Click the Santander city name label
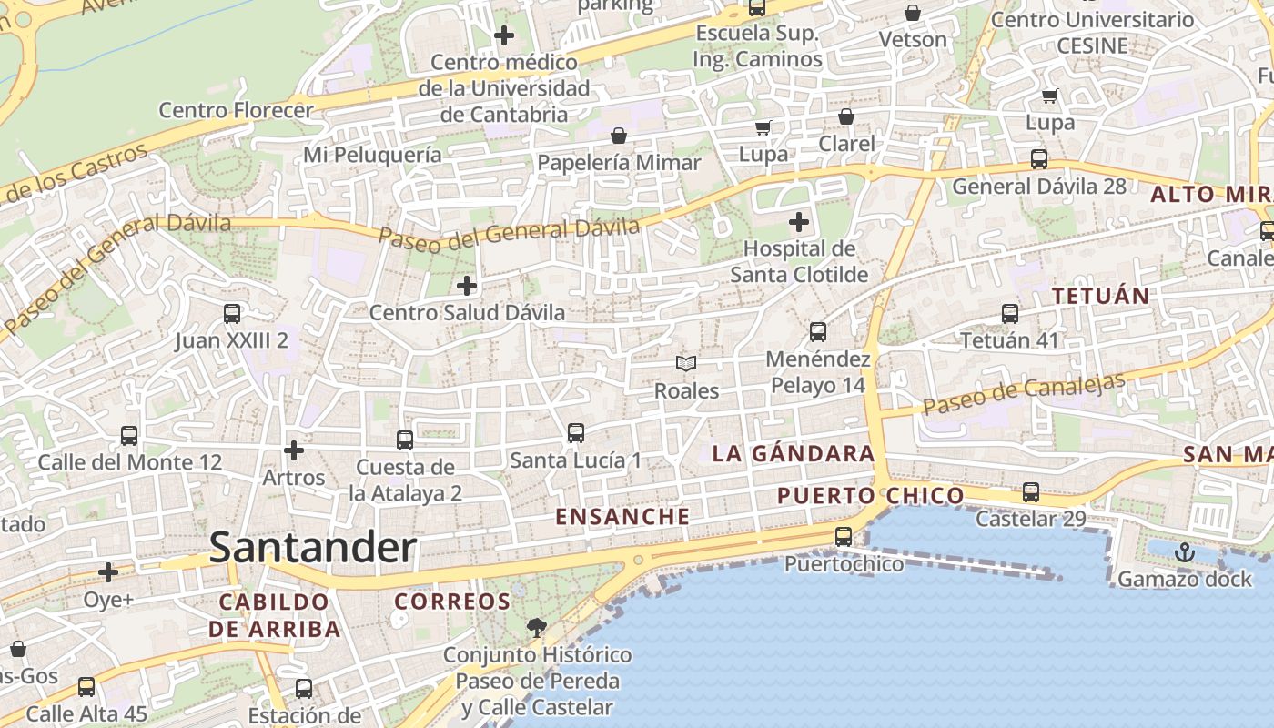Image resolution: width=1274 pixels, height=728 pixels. pyautogui.click(x=312, y=548)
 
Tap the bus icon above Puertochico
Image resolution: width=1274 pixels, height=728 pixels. pyautogui.click(x=844, y=537)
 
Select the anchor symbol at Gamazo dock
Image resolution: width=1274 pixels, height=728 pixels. pyautogui.click(x=1184, y=551)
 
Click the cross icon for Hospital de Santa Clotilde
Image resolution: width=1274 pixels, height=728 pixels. pyautogui.click(x=799, y=222)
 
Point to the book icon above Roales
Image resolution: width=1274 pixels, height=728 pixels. pyautogui.click(x=686, y=364)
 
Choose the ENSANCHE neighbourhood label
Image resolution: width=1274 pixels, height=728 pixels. pyautogui.click(x=622, y=517)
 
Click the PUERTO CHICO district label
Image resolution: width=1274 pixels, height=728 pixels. pyautogui.click(x=870, y=496)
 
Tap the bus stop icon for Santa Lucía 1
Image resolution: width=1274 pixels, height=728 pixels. pyautogui.click(x=576, y=433)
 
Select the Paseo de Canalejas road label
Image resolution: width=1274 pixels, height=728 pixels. pyautogui.click(x=1025, y=392)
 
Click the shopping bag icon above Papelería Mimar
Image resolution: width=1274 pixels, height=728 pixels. pyautogui.click(x=619, y=136)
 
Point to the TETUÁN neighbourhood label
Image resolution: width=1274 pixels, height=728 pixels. pyautogui.click(x=1101, y=296)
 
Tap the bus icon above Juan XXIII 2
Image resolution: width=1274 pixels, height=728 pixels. pyautogui.click(x=232, y=314)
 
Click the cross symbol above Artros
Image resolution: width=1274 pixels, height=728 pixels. pyautogui.click(x=293, y=450)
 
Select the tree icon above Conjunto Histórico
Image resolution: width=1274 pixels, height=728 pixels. pyautogui.click(x=537, y=627)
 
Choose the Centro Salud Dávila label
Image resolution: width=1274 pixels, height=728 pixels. pyautogui.click(x=467, y=312)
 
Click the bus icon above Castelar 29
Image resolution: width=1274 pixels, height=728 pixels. pyautogui.click(x=1031, y=492)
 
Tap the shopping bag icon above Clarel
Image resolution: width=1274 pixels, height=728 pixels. pyautogui.click(x=846, y=116)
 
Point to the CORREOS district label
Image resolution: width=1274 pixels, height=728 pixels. pyautogui.click(x=452, y=602)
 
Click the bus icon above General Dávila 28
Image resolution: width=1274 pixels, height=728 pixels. pyautogui.click(x=1039, y=159)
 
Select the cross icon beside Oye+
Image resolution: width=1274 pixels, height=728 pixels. pyautogui.click(x=108, y=572)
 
